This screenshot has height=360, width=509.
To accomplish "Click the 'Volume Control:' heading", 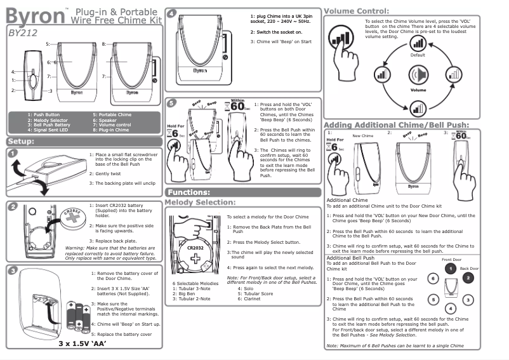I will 356,11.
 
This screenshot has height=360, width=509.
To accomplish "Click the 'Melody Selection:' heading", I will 200,202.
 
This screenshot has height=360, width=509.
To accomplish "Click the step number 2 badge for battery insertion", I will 13,206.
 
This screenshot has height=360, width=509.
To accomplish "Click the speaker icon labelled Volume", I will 417,76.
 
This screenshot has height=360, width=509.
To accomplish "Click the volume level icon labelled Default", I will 418,43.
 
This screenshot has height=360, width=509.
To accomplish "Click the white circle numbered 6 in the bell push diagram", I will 432,278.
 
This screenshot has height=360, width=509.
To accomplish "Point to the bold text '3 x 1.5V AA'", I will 82,345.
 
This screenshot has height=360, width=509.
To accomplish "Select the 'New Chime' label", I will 362,136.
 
